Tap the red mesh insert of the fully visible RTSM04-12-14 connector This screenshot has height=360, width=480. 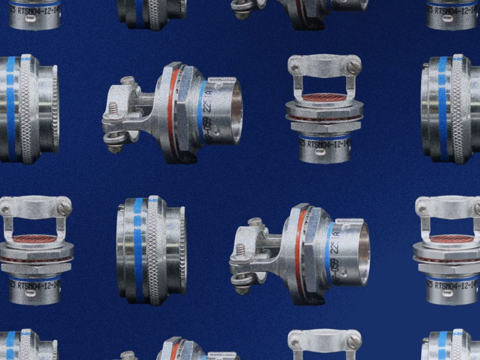pos(324,97)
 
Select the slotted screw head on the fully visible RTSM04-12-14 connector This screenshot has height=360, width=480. pos(354,66)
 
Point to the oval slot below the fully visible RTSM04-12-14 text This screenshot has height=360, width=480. pos(325,156)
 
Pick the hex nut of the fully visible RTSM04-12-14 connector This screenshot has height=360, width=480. pos(324,126)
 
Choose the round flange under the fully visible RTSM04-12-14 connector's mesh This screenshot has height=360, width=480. pos(324,109)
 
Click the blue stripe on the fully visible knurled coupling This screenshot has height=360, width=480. pos(138,248)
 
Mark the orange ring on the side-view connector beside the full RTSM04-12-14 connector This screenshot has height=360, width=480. pos(172,112)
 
